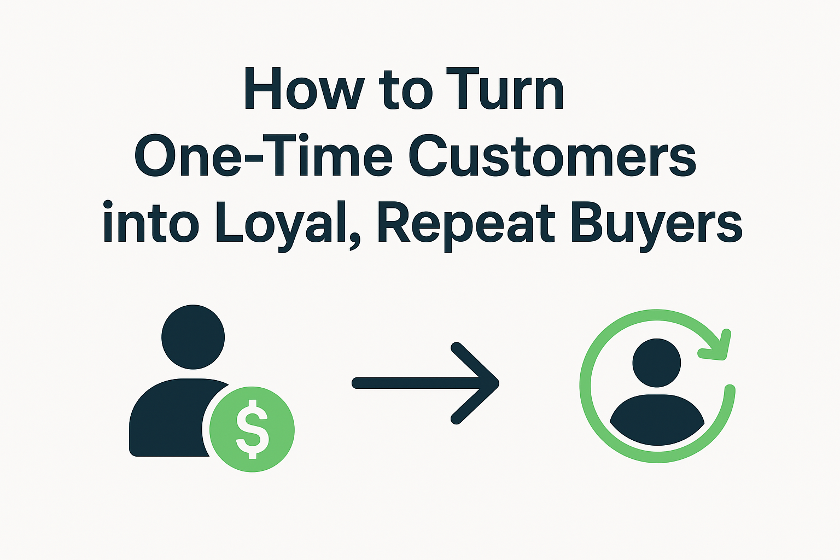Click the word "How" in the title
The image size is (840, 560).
coord(304,89)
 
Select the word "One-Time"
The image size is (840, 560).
coord(263,155)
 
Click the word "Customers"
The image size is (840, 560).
coord(552,155)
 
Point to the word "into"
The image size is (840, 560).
coord(150,221)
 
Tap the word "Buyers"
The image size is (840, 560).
coord(656,225)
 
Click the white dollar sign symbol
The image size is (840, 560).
coord(252,429)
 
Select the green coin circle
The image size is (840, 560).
coord(252,429)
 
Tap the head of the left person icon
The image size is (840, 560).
coord(193,337)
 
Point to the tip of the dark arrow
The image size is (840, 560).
coord(499,383)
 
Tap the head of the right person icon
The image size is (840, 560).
coord(657,363)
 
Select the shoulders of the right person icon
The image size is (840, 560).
coord(657,419)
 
